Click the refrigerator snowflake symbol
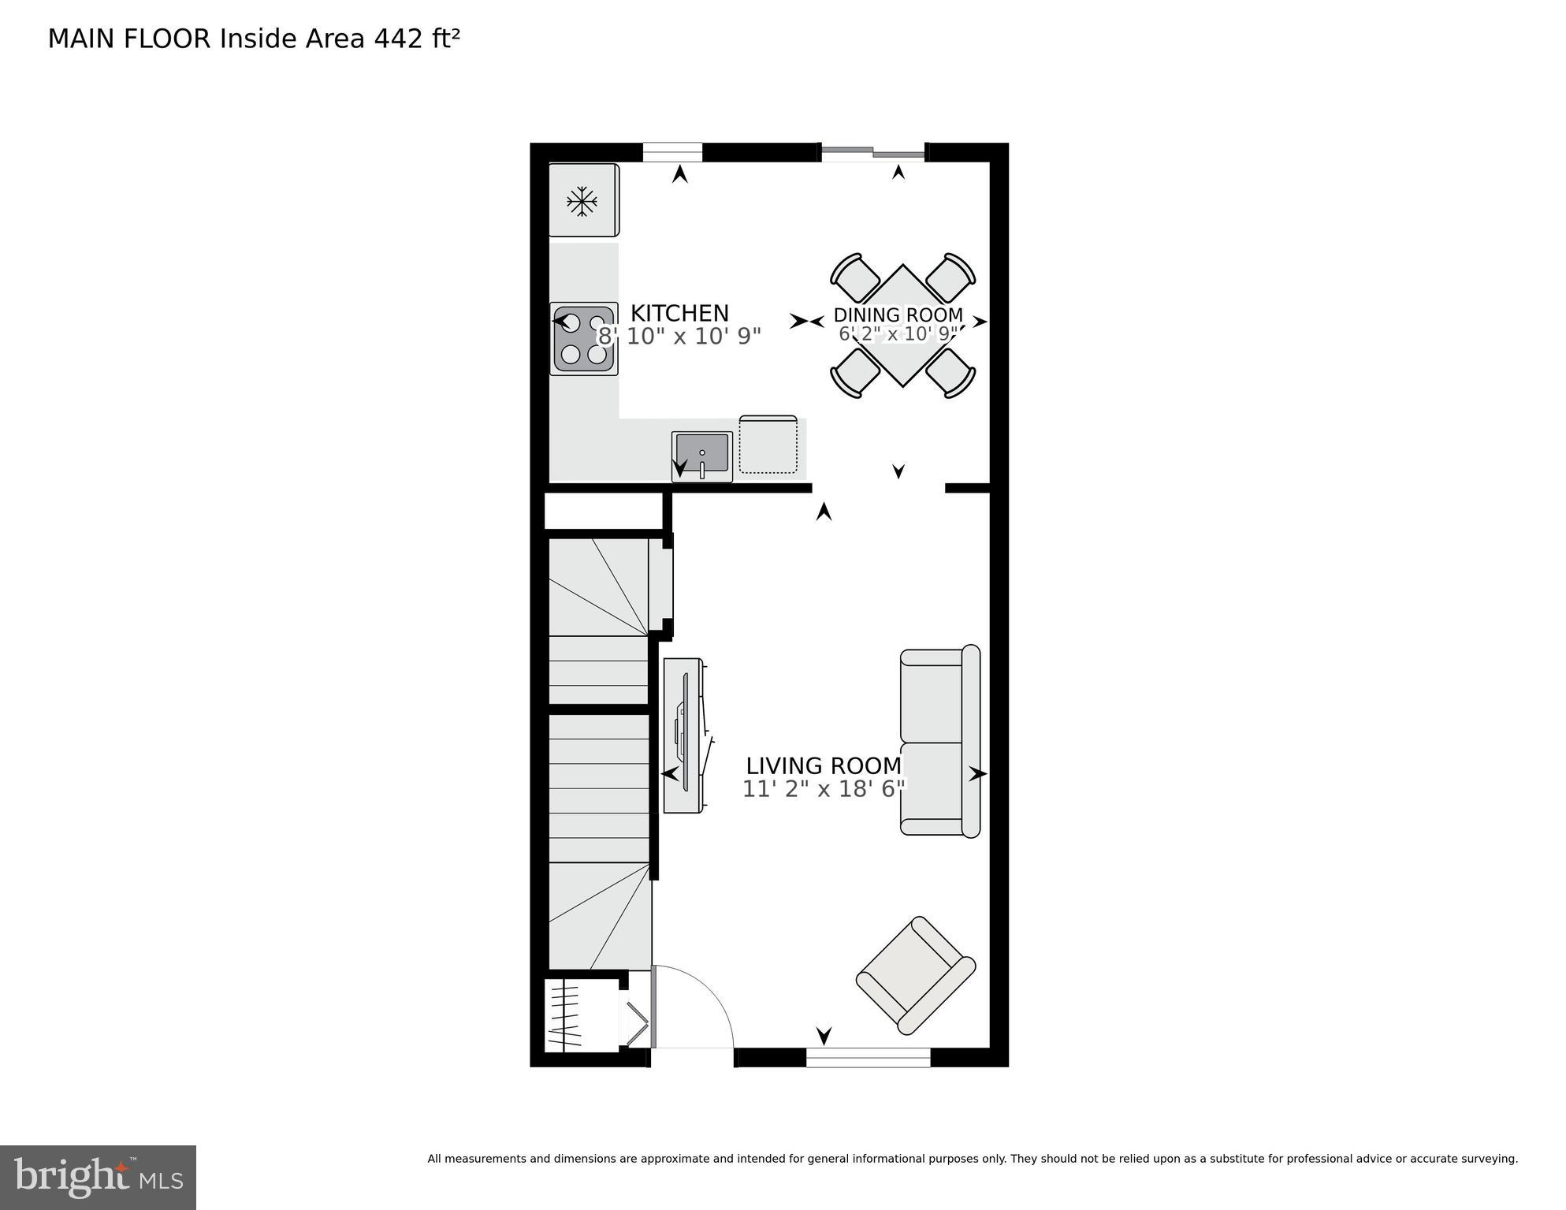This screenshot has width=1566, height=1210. [582, 201]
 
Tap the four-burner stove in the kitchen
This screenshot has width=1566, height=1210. [583, 339]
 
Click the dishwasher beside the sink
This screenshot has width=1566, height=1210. [768, 445]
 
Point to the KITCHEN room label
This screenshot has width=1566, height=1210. [679, 313]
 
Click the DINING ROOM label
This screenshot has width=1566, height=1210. [898, 316]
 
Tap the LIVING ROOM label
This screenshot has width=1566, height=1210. [824, 765]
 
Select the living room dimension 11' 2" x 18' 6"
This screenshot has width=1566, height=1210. [824, 789]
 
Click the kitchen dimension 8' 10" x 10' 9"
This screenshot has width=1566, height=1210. [679, 337]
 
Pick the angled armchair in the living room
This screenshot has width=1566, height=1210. [916, 975]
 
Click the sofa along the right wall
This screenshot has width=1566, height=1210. [939, 741]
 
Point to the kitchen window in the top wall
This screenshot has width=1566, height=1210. [672, 152]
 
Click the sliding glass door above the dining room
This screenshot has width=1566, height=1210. [872, 152]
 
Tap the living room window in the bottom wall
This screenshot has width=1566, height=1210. [868, 1057]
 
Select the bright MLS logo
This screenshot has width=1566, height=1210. [98, 1177]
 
